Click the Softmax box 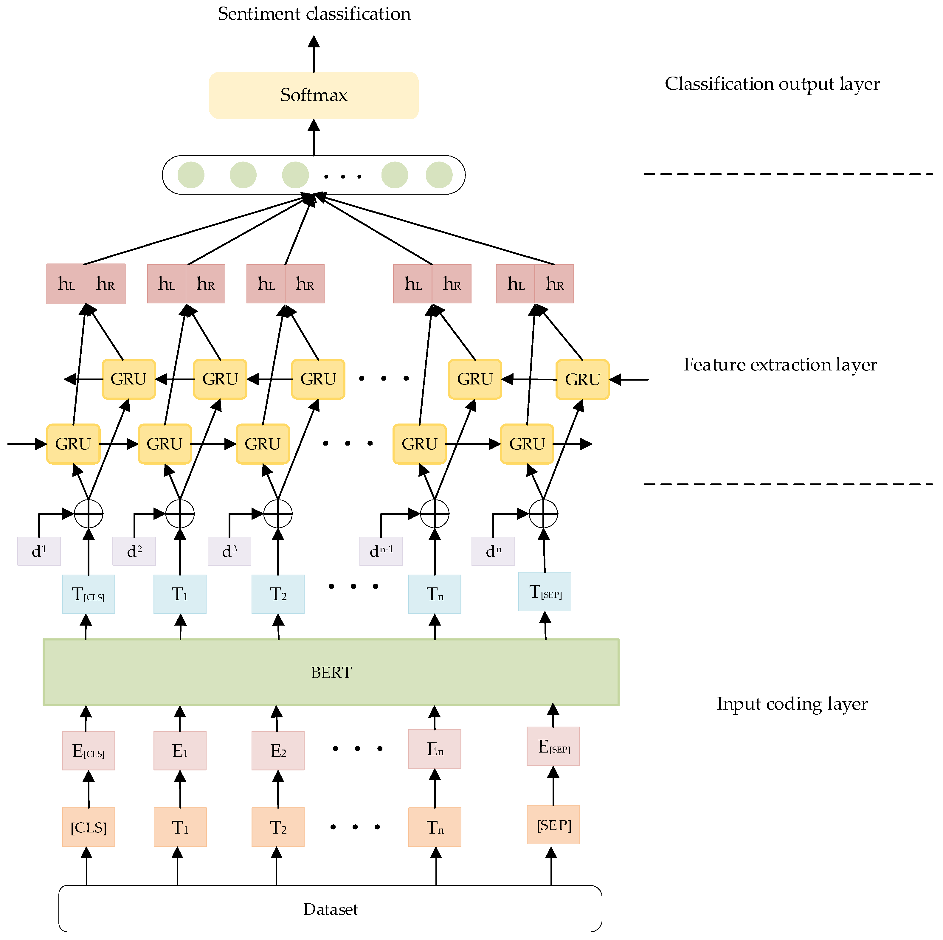pos(313,95)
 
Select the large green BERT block pos(331,672)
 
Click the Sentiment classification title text pos(314,14)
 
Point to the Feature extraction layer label pos(779,364)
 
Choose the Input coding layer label pos(792,704)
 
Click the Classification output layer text pos(772,84)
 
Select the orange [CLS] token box pos(88,827)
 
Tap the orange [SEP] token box pos(553,825)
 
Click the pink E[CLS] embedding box pos(88,751)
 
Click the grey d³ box pos(229,551)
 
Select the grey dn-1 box pos(381,551)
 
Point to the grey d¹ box pos(39,551)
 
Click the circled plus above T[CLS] pos(88,514)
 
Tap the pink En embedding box pos(435,749)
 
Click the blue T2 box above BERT pos(278,594)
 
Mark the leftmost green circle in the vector pos(191,175)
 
